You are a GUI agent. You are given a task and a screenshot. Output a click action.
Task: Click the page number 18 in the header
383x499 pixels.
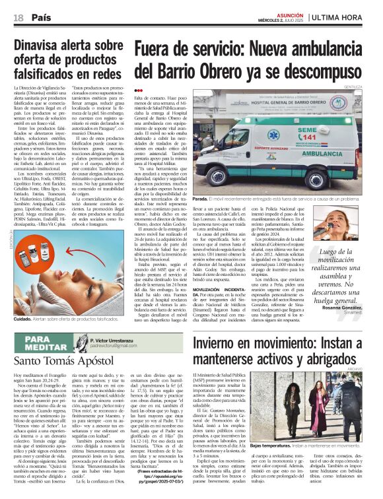click(19, 18)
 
